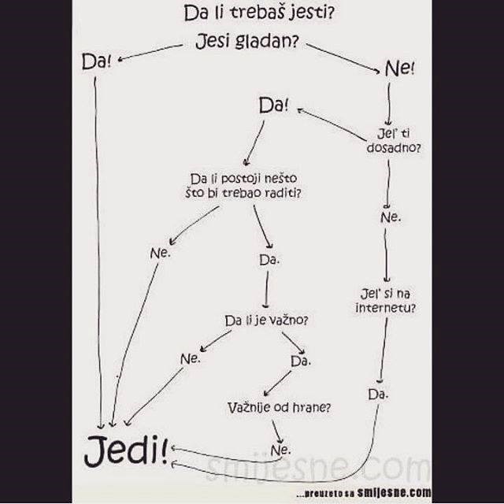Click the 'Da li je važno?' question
[265, 321]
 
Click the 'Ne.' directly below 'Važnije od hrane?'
[281, 450]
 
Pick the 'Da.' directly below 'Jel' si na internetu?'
[378, 392]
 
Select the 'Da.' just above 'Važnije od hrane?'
[300, 360]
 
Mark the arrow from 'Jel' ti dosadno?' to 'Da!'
[332, 124]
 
